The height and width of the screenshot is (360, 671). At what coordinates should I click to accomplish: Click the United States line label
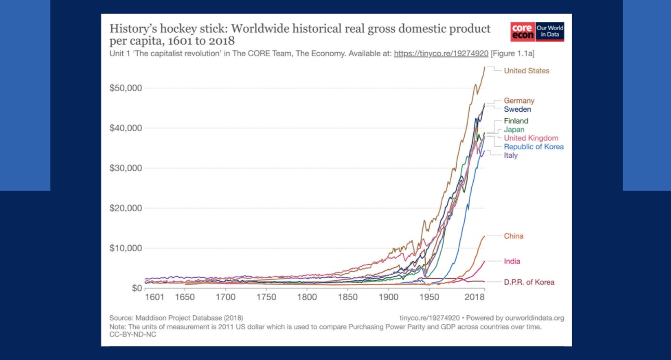(x=526, y=71)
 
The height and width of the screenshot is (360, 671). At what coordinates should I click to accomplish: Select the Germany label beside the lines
(x=519, y=101)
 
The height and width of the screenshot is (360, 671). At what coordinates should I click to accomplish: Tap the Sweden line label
(x=517, y=110)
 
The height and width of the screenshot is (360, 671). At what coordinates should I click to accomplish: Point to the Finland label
(x=515, y=121)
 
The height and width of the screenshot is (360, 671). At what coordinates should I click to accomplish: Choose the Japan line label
(x=514, y=130)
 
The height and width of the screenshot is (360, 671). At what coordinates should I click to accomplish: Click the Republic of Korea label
(x=534, y=147)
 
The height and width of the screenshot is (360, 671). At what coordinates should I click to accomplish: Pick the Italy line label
(x=511, y=156)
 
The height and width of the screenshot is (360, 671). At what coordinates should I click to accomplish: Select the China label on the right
(x=513, y=236)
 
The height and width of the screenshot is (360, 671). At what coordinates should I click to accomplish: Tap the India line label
(x=512, y=261)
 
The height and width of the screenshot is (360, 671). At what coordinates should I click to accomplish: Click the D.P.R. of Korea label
(x=529, y=282)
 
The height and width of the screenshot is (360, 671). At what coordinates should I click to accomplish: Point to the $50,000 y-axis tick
(x=126, y=88)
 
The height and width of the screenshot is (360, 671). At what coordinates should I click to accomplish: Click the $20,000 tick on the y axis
(x=126, y=208)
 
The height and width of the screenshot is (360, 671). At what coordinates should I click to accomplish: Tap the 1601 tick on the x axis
(x=154, y=298)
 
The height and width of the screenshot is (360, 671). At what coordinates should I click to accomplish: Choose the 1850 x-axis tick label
(x=347, y=298)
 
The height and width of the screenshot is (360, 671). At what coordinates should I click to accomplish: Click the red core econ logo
(x=522, y=32)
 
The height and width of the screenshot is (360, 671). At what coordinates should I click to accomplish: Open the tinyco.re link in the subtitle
(x=441, y=54)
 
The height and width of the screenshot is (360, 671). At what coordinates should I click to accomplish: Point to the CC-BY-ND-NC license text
(x=133, y=335)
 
